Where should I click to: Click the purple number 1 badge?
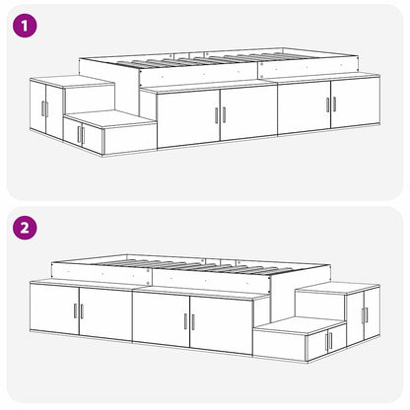click(x=25, y=25)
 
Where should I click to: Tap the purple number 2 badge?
click(x=25, y=228)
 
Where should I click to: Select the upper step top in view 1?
click(x=71, y=82)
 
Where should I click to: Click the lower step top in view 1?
click(x=110, y=118)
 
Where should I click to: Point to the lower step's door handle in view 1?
click(x=80, y=135)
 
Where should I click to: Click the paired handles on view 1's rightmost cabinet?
click(x=330, y=103)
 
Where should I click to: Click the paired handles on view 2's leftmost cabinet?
click(x=78, y=311)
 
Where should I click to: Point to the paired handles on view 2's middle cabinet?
click(x=188, y=322)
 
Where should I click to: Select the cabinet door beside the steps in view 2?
click(x=223, y=320)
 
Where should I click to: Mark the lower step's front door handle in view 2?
click(x=329, y=342)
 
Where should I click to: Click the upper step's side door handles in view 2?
click(x=365, y=315)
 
